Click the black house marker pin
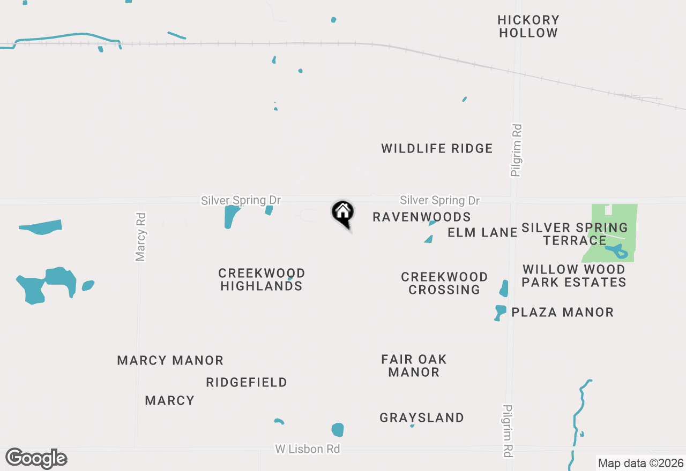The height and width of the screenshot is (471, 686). tap(343, 214)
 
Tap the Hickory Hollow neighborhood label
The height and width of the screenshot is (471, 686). tap(528, 26)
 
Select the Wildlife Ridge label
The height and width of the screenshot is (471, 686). tap(437, 148)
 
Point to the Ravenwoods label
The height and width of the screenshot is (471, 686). tap(421, 217)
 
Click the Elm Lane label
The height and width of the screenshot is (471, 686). tap(482, 232)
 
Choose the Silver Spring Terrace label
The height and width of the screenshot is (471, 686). tap(575, 234)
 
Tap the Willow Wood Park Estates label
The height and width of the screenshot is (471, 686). tap(574, 276)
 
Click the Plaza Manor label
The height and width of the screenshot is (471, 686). tap(562, 312)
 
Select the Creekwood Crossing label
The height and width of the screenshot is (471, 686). tap(444, 283)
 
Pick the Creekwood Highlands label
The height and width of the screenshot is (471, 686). tap(262, 279)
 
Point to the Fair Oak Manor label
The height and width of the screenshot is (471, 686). tap(414, 366)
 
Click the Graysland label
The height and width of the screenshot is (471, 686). tap(422, 417)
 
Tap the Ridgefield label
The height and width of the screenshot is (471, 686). tap(247, 382)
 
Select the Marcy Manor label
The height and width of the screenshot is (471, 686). tap(170, 360)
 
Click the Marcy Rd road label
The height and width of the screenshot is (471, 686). tap(140, 237)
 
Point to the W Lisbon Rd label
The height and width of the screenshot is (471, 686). tap(308, 449)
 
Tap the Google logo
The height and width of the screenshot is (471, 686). tap(36, 458)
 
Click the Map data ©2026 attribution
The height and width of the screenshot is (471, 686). tap(640, 463)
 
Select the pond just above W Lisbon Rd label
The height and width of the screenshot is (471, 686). tap(338, 430)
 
